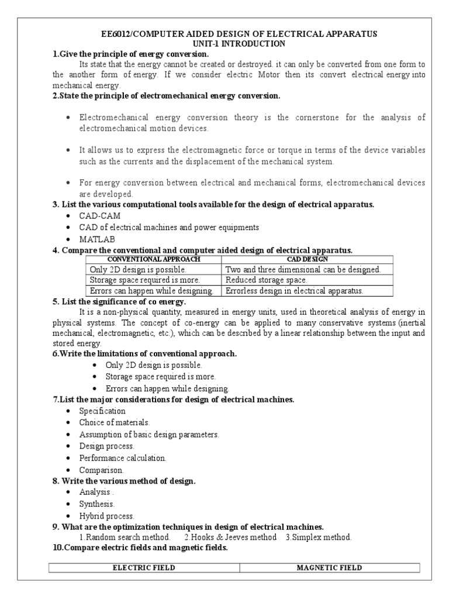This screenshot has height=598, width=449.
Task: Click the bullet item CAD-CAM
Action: pos(100,216)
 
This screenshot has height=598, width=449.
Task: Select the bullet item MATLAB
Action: pos(98,239)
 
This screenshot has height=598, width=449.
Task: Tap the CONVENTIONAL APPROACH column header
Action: pos(154,259)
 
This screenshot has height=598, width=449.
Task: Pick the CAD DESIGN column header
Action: pos(308,259)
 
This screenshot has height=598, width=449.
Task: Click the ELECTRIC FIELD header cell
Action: pos(144,568)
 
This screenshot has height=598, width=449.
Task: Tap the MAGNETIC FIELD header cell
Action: pos(330,568)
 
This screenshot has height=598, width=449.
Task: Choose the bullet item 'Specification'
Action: pos(102,411)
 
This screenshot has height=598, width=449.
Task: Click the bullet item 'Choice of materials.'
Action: pos(115,422)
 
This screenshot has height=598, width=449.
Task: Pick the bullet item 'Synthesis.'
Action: pos(97,503)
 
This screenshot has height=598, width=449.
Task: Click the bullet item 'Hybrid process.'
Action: pos(107,516)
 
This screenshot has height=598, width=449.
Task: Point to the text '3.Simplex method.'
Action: pos(319,537)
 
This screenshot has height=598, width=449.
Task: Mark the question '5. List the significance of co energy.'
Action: pos(119,301)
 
